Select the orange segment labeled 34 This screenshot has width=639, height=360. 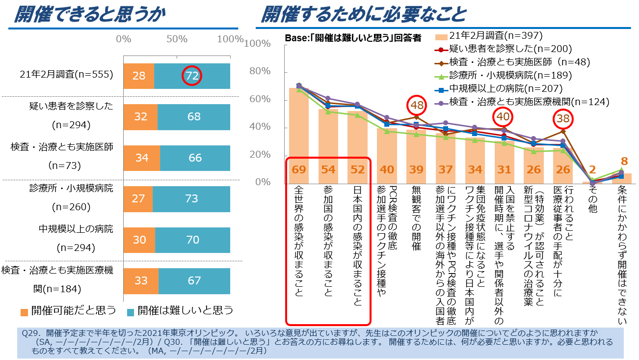click(x=141, y=158)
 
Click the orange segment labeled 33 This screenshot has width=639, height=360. click(x=141, y=280)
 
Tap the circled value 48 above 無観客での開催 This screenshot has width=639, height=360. click(x=417, y=105)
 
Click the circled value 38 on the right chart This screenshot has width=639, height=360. click(x=562, y=118)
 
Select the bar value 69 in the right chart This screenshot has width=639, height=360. click(x=299, y=169)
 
